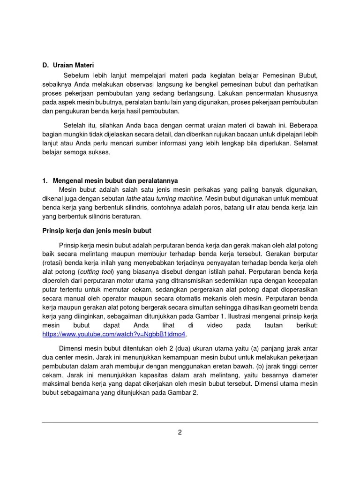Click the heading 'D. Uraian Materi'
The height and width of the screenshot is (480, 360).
(x=71, y=65)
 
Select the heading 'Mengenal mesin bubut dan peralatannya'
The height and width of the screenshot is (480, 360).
(x=115, y=180)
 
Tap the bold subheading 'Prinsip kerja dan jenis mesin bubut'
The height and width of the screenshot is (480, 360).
(x=97, y=231)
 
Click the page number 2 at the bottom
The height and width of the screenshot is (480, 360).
(x=180, y=433)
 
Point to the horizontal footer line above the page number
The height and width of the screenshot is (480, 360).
(x=180, y=422)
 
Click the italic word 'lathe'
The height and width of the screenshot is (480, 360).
(x=134, y=199)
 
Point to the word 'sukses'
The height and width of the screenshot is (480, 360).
(x=99, y=152)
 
